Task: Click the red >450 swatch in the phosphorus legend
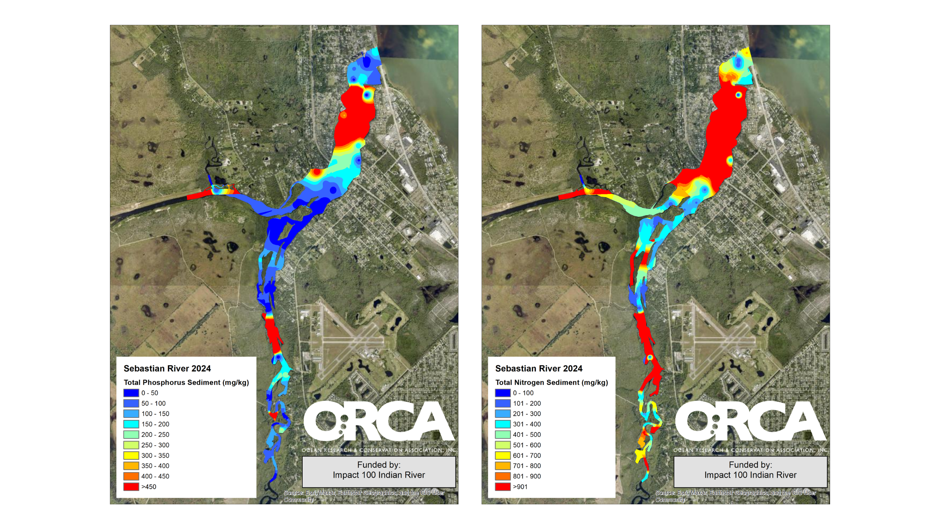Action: [131, 487]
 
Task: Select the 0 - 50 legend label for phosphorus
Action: [150, 393]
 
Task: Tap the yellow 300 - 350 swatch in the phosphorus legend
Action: [131, 455]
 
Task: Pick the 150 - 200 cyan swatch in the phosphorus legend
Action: [131, 424]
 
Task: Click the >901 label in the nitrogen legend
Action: [520, 487]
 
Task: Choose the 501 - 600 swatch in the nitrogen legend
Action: [503, 445]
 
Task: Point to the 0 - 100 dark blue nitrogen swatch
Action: [503, 393]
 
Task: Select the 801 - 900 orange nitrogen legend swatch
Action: [503, 476]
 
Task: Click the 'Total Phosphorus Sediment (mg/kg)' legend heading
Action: [186, 382]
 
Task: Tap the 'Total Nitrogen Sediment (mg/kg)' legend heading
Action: [551, 382]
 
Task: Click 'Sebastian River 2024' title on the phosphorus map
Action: [167, 368]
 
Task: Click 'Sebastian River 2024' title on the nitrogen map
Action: [539, 368]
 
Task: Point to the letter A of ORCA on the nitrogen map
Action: [807, 421]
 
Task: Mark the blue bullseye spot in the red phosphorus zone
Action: [367, 95]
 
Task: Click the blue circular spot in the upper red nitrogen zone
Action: [738, 95]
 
